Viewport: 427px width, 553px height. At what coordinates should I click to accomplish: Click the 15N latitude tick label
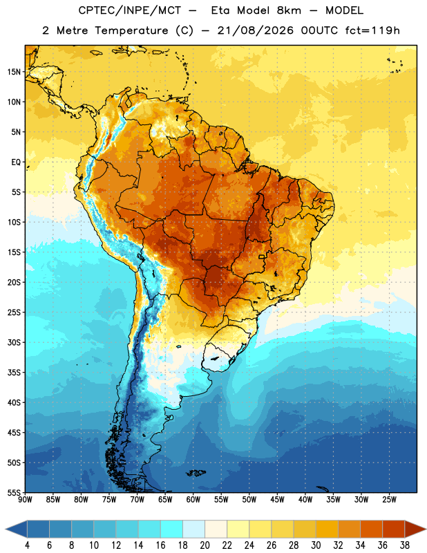click(x=14, y=72)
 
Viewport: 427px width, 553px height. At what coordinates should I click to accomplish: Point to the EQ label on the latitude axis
click(x=16, y=162)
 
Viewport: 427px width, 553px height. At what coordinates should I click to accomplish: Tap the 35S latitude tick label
click(x=14, y=373)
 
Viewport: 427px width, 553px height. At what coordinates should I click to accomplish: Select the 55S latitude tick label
click(x=14, y=492)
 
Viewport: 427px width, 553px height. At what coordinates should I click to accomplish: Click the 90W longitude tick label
click(x=25, y=500)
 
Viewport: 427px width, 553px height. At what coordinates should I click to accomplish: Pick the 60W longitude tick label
click(x=193, y=500)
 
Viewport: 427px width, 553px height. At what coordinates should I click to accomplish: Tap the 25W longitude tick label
click(x=389, y=500)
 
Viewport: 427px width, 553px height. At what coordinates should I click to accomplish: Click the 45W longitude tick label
click(x=277, y=500)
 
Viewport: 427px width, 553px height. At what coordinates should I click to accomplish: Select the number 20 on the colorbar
click(x=205, y=545)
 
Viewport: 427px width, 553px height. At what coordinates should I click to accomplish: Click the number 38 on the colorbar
click(x=405, y=545)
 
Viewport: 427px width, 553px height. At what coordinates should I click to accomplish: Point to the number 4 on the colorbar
click(x=27, y=545)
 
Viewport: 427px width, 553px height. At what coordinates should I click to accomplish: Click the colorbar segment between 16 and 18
click(x=171, y=529)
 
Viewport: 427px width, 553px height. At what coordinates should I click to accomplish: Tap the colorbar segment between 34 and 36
click(x=371, y=529)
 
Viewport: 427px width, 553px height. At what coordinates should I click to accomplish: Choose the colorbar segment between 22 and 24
click(x=238, y=529)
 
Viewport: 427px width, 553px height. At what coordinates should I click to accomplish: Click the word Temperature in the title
click(x=131, y=30)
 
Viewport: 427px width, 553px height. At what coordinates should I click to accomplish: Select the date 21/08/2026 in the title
click(x=256, y=30)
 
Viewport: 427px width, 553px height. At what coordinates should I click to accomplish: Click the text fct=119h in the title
click(x=372, y=30)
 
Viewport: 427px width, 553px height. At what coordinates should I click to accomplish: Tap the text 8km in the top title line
click(x=289, y=10)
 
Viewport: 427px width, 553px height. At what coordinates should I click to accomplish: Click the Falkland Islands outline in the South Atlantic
click(x=196, y=473)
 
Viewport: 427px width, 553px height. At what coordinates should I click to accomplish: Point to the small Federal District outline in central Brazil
click(x=262, y=256)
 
